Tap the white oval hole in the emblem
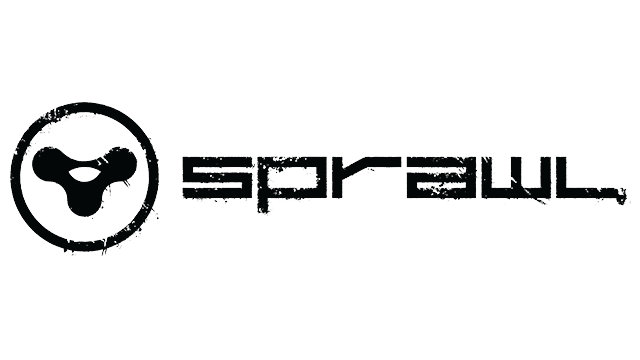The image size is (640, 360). (x=84, y=173)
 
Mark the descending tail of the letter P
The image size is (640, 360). (x=264, y=205)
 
